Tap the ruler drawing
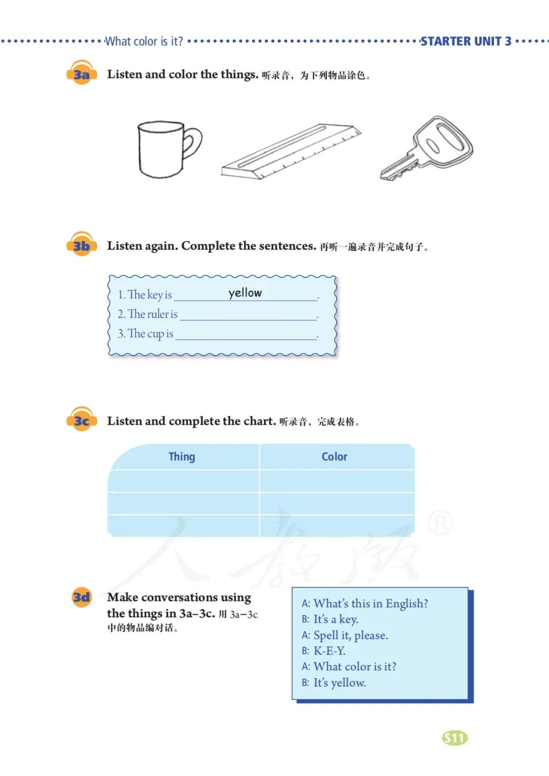[291, 152]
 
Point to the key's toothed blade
[399, 169]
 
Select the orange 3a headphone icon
[81, 72]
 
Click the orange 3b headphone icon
[81, 244]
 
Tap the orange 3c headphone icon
[81, 419]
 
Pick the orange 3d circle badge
[81, 597]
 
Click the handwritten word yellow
[245, 293]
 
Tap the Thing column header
[182, 457]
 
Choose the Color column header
[334, 457]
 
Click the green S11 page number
[455, 738]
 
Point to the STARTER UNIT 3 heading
[466, 41]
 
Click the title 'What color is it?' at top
[144, 41]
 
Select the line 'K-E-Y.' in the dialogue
[329, 651]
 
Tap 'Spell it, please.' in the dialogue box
[351, 635]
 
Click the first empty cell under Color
[337, 481]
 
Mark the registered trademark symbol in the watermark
[441, 522]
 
